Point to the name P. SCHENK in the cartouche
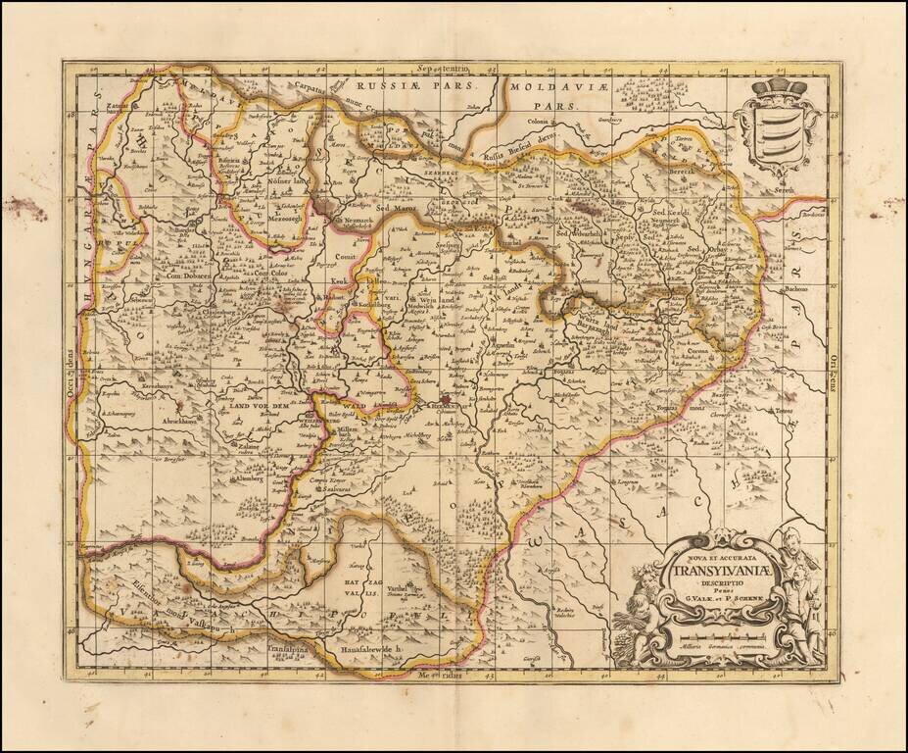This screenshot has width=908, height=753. coord(748,600)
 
